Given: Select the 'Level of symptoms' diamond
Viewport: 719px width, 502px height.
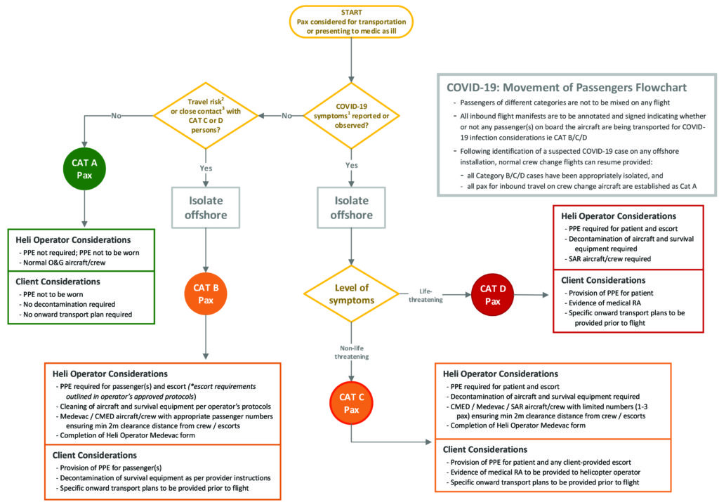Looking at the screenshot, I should [x=350, y=294].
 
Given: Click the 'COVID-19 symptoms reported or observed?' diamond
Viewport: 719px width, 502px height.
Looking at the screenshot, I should [x=350, y=115].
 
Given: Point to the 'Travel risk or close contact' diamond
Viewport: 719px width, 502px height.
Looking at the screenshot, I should [x=205, y=115].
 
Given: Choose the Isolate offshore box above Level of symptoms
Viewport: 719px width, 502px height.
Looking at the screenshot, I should [x=350, y=209].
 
